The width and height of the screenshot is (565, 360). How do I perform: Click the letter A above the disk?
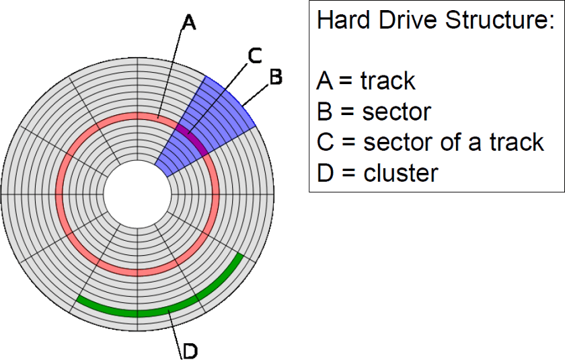tap(189, 24)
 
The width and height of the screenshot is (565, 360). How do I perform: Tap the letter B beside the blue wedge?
tap(275, 77)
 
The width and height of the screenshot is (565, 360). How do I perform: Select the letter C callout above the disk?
tap(254, 56)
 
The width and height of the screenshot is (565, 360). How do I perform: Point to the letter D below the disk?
tap(190, 350)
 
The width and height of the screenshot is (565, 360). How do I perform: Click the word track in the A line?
tap(388, 81)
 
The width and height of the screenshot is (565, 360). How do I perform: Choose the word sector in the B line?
tap(396, 112)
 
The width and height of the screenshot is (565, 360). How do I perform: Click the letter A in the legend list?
tap(324, 81)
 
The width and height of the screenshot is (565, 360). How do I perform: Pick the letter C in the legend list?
tap(325, 142)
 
